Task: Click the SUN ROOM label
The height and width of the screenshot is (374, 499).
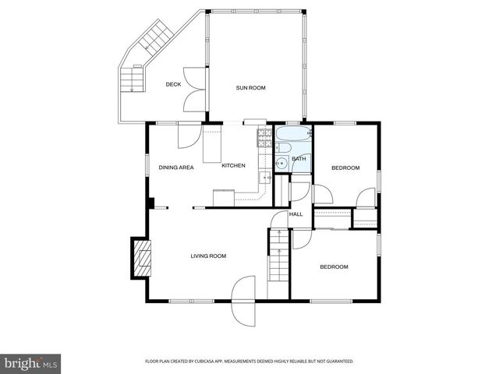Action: coord(251,88)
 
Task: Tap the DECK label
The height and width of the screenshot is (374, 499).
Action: coord(174,84)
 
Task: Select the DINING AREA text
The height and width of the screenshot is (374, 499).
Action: coord(176,168)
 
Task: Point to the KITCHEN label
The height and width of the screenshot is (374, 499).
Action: coord(234,165)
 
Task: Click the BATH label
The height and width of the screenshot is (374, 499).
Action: coord(299,160)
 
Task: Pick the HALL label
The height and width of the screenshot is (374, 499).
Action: coord(296,214)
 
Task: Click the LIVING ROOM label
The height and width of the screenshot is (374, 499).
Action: coord(209,256)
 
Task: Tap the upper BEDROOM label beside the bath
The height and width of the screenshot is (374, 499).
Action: coord(345,168)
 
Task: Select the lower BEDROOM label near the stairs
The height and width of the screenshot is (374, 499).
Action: coord(334,266)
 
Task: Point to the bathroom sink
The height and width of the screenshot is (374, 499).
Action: coord(279,164)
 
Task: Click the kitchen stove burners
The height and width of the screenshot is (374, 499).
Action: coord(264,138)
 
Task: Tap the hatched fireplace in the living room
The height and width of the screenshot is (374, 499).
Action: coord(141,258)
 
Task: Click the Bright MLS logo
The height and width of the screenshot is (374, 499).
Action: coord(31,362)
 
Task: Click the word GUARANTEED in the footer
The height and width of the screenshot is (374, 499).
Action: coord(338,362)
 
